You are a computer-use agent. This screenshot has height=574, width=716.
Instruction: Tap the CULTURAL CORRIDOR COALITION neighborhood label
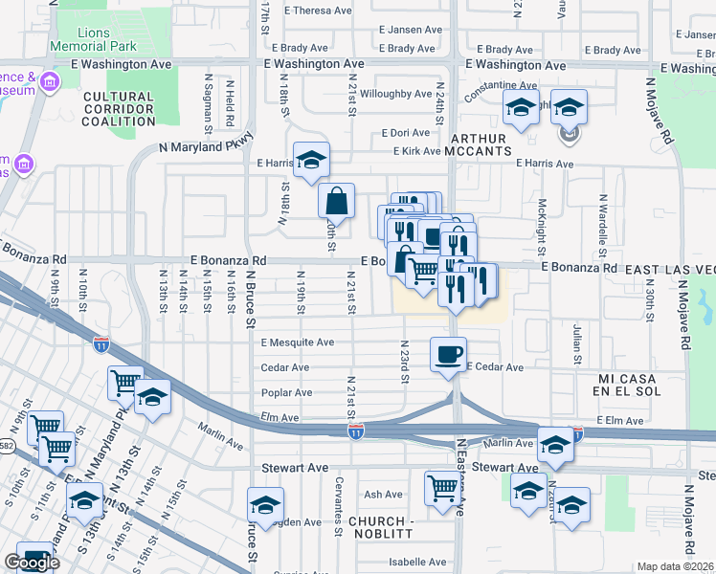click(118, 109)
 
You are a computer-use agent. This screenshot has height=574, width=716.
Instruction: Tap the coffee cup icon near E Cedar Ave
click(448, 356)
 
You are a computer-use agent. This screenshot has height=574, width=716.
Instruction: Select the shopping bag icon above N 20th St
click(336, 202)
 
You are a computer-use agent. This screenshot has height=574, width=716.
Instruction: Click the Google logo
click(32, 563)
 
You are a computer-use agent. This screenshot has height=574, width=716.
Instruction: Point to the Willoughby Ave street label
click(395, 94)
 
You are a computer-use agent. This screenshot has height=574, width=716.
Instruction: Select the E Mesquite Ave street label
click(297, 342)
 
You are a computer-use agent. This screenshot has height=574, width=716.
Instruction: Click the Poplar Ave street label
click(286, 392)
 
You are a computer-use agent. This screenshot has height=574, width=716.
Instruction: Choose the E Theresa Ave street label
click(312, 11)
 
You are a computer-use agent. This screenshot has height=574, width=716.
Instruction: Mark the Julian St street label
click(577, 338)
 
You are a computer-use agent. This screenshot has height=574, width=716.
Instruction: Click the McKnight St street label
click(542, 220)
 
